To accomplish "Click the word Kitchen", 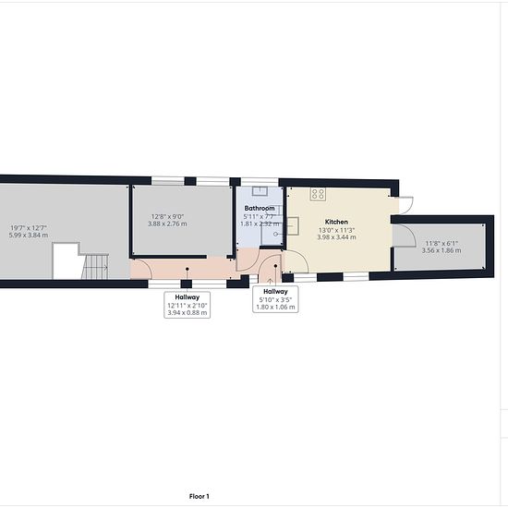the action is click(x=336, y=222).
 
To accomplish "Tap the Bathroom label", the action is click(x=260, y=209).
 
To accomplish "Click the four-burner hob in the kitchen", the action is click(x=318, y=194).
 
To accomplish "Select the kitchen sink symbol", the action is click(x=293, y=225).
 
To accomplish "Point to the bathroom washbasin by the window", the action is click(x=260, y=191).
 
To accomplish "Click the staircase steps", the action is click(x=95, y=266).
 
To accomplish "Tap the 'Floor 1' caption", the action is click(x=200, y=496).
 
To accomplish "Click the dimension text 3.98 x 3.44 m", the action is click(x=336, y=237).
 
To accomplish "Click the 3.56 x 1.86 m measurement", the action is click(x=441, y=250).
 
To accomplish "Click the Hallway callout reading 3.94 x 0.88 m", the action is click(x=187, y=305).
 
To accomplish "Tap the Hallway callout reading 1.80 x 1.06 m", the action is click(x=276, y=299).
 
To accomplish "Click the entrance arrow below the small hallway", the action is click(x=271, y=281).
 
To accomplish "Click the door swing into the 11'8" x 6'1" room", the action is click(x=405, y=236).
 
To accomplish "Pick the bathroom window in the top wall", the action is click(x=260, y=182).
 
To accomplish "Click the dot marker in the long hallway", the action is click(x=187, y=269).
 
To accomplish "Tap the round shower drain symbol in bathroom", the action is click(x=275, y=234).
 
